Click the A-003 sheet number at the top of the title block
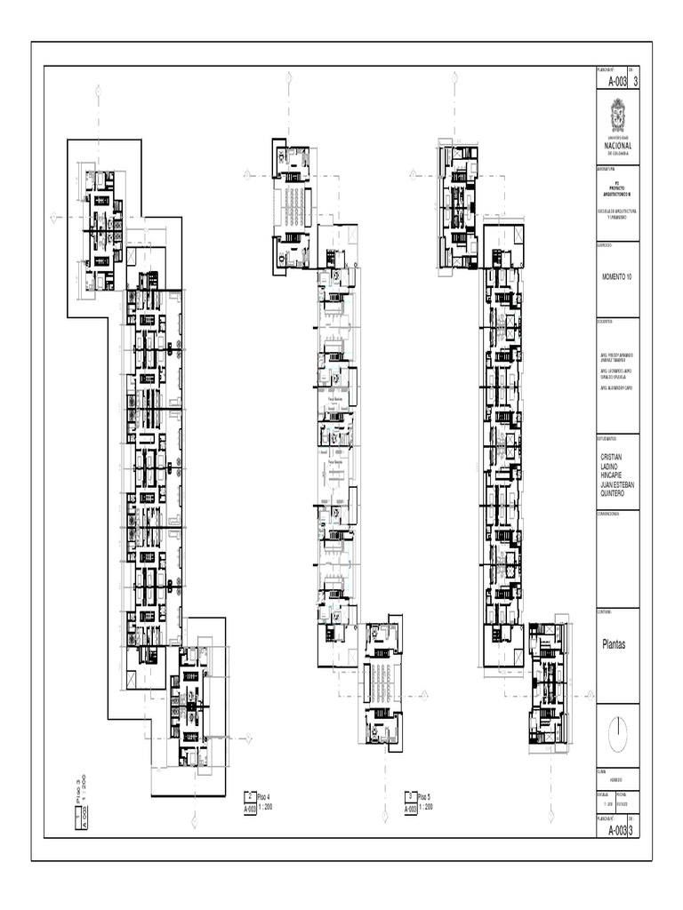pyautogui.click(x=616, y=81)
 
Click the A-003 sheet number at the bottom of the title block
pyautogui.click(x=616, y=830)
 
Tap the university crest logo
pyautogui.click(x=617, y=116)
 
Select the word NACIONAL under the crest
pyautogui.click(x=617, y=146)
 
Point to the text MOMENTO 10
pyautogui.click(x=616, y=277)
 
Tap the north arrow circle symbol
pyautogui.click(x=617, y=733)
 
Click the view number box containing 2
pyautogui.click(x=250, y=797)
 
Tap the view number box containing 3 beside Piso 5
pyautogui.click(x=411, y=797)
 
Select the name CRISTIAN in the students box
pyautogui.click(x=613, y=456)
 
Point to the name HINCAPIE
pyautogui.click(x=614, y=475)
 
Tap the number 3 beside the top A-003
pyautogui.click(x=635, y=81)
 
